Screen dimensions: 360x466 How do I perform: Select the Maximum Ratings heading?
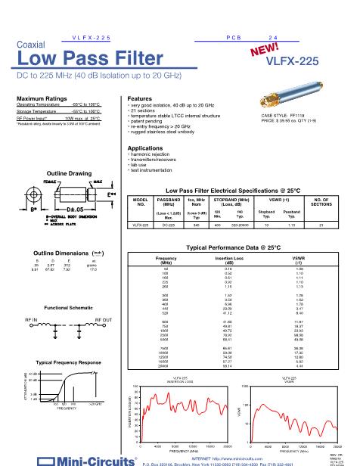pos(42,98)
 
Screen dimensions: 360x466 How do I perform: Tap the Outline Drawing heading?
pos(69,173)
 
